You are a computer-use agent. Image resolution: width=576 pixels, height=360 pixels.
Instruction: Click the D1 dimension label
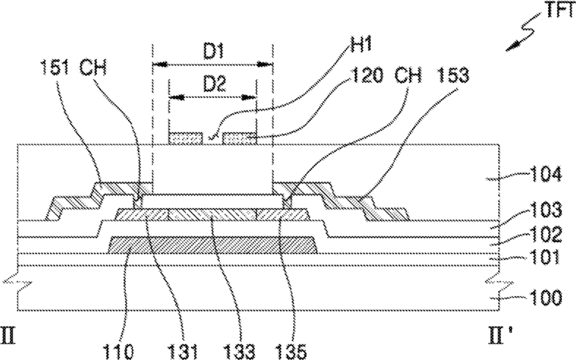coord(213,51)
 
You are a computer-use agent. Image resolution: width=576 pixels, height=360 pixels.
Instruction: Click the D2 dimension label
coord(215,84)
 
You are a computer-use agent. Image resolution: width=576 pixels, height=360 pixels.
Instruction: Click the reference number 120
coord(367,75)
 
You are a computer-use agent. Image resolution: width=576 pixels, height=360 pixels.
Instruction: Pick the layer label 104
coord(545,174)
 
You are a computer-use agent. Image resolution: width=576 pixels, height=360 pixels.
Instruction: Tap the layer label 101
coord(545,257)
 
